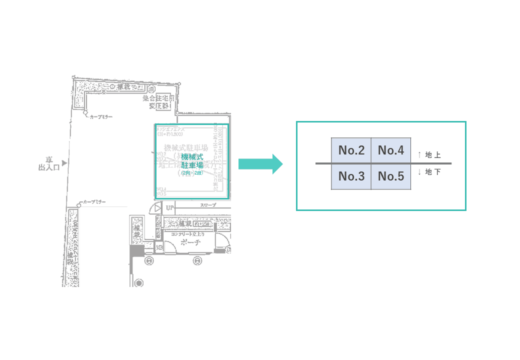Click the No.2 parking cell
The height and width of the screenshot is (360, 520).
351,150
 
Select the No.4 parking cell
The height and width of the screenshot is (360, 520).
390,150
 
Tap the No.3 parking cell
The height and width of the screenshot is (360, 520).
351,176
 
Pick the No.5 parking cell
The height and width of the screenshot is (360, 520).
390,176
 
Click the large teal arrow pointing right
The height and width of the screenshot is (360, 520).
260,164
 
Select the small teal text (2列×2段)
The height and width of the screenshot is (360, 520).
191,173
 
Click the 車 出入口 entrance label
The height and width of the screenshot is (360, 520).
49,163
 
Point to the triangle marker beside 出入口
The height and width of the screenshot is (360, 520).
64,163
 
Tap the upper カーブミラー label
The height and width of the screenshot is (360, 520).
101,116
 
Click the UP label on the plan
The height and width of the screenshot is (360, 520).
169,207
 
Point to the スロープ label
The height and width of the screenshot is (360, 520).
208,205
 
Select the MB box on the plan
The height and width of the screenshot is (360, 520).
159,247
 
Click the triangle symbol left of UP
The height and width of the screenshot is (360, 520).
157,207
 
